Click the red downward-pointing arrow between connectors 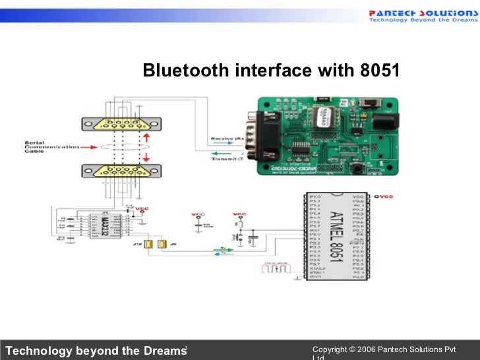pyautogui.click(x=146, y=157)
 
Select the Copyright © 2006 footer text pyautogui.click(x=370, y=348)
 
